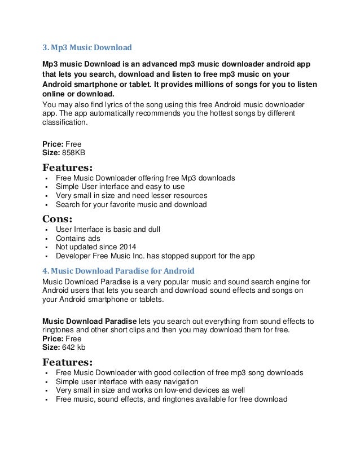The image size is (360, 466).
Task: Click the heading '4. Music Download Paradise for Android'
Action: click(x=118, y=270)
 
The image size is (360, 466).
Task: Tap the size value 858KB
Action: click(x=73, y=152)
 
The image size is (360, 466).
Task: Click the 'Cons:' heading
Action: click(x=58, y=218)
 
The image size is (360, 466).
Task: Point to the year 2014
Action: click(x=126, y=247)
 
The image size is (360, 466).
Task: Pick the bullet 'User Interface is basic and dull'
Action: click(x=108, y=230)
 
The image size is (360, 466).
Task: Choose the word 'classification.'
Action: click(x=65, y=122)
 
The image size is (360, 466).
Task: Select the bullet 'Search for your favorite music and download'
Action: click(x=131, y=204)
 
